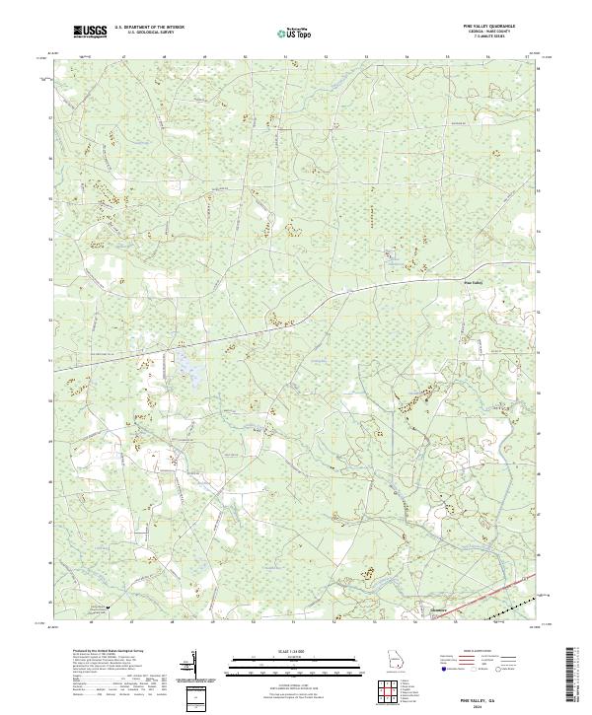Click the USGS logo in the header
pos(91,32)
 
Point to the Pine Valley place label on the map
pos(474,284)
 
